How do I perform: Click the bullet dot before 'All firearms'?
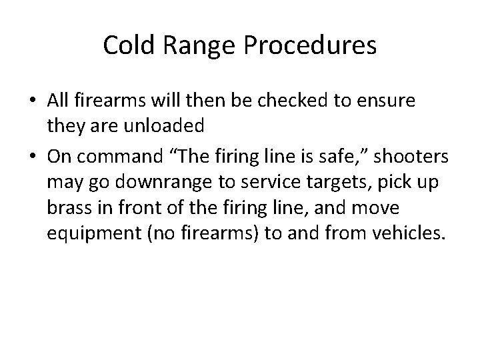pos(33,101)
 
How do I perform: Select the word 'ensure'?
pos(390,101)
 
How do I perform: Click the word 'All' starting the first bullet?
pos(57,101)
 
